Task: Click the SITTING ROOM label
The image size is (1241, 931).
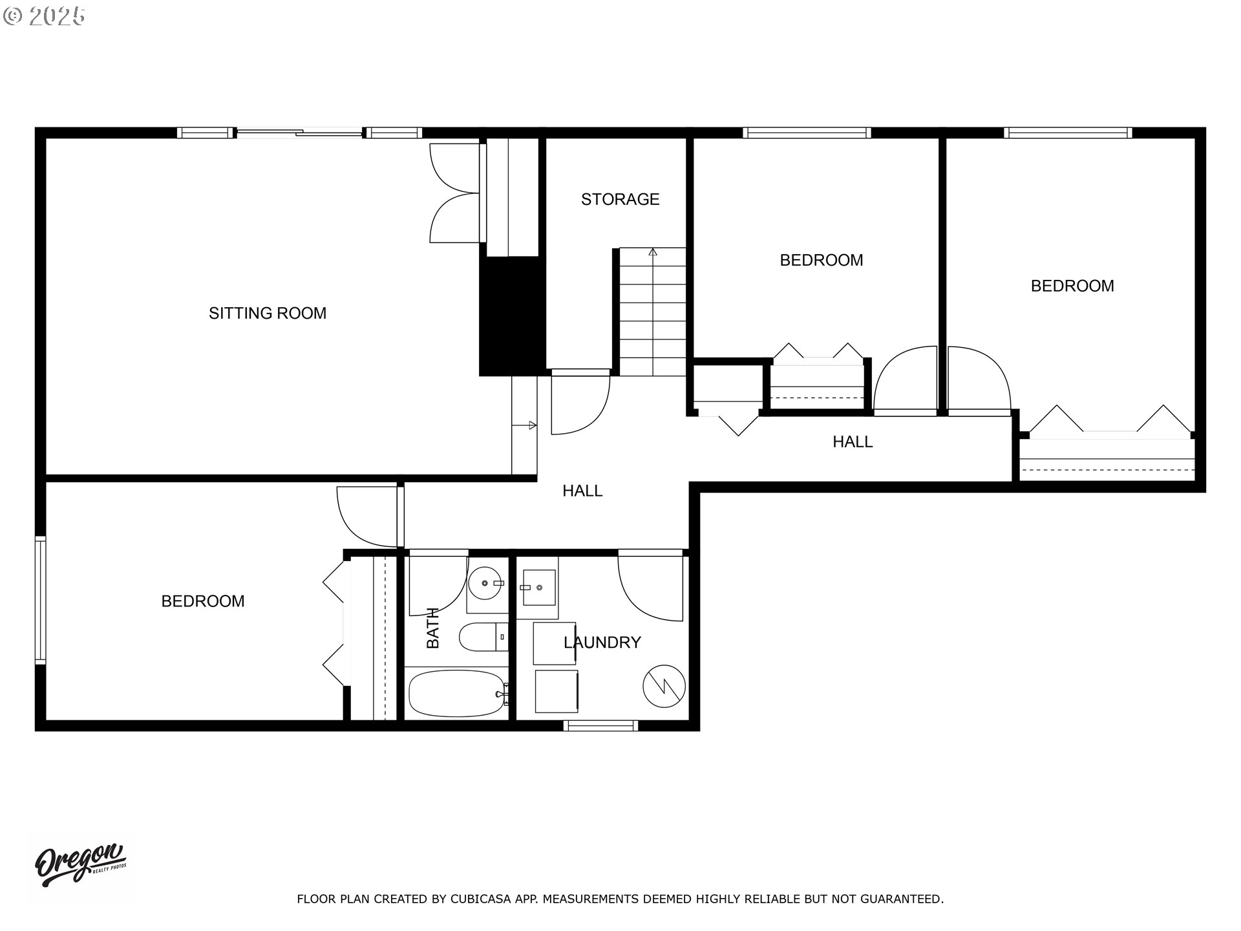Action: (x=267, y=314)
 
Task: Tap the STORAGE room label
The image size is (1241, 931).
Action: (x=620, y=199)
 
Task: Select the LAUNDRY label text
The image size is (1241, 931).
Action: (x=602, y=643)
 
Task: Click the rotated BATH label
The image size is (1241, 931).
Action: (x=432, y=628)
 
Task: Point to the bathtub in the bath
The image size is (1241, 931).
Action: (x=457, y=694)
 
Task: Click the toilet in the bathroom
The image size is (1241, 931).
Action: (x=482, y=637)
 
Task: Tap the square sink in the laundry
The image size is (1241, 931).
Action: (x=538, y=588)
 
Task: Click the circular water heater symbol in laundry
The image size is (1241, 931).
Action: (x=664, y=686)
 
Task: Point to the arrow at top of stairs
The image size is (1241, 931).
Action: (x=653, y=253)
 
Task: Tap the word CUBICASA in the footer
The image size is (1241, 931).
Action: (x=479, y=899)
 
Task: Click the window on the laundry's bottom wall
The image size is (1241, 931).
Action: (x=600, y=726)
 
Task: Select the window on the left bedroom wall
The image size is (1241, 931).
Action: (x=41, y=601)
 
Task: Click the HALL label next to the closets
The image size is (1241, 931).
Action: (x=852, y=442)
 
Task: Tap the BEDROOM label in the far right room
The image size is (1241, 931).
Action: (x=1072, y=286)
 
